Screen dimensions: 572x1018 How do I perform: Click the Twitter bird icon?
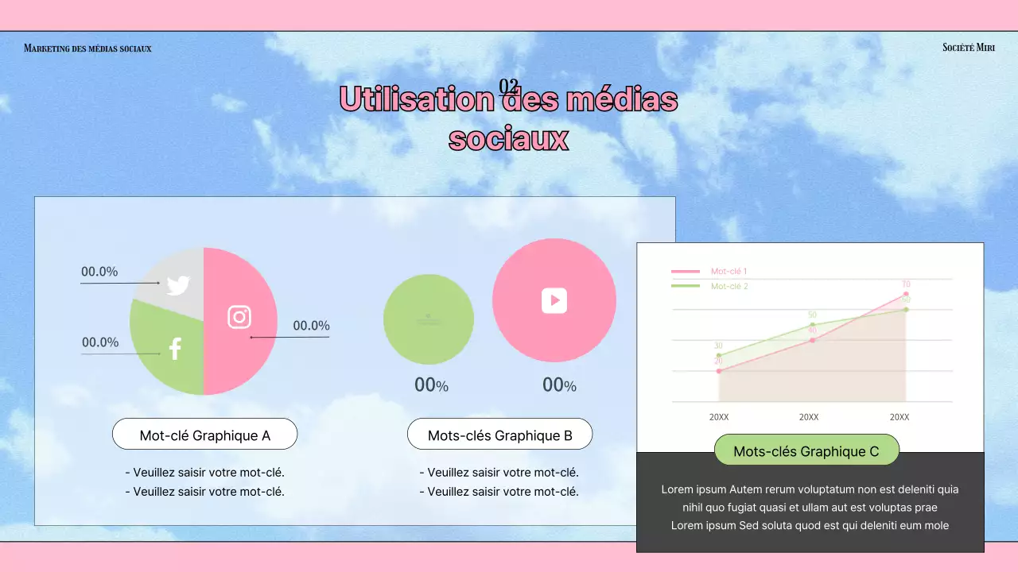pos(178,285)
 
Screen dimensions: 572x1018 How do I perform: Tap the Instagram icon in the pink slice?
pos(239,316)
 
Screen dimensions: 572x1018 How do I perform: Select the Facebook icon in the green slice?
pos(175,348)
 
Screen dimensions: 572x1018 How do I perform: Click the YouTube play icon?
pos(554,300)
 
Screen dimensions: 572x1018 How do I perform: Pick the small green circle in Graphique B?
pos(429,319)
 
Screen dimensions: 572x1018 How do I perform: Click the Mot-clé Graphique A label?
pos(204,435)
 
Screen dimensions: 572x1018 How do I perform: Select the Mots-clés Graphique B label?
pos(499,435)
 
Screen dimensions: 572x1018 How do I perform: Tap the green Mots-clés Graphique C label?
pos(806,450)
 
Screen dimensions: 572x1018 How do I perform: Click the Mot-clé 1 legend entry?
pos(729,272)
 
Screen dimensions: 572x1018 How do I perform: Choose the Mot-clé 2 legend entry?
pos(729,286)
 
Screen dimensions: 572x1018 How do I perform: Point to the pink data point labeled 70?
pos(906,295)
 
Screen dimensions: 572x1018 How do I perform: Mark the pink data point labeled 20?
pos(718,371)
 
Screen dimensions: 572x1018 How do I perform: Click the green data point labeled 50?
pos(812,325)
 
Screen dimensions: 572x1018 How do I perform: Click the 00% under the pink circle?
pos(559,385)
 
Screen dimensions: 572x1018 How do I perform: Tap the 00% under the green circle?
pos(431,385)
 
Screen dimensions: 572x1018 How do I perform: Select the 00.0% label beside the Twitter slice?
pos(99,272)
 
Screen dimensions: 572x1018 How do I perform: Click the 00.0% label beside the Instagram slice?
pos(311,326)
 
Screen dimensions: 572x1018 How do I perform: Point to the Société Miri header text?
pos(968,48)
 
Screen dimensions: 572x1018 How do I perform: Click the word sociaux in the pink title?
pos(508,138)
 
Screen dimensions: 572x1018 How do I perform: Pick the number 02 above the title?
pos(509,86)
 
